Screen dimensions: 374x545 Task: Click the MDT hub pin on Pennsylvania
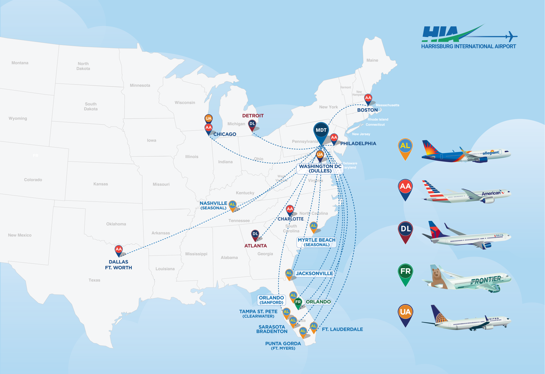(x=321, y=131)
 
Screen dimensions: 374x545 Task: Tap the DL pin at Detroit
(x=252, y=124)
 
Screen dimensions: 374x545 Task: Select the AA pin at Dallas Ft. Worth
(x=118, y=250)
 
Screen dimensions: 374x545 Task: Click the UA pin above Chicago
(x=208, y=118)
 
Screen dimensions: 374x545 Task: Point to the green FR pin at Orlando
(x=298, y=302)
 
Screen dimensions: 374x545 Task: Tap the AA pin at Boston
(x=368, y=98)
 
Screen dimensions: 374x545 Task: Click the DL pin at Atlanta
(x=255, y=234)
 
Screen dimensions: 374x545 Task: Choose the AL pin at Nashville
(x=232, y=205)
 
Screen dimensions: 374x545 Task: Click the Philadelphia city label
(x=358, y=143)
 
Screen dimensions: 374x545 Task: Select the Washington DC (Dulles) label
(x=320, y=168)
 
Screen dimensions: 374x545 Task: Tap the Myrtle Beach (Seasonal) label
(x=317, y=242)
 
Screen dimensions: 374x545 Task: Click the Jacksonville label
(x=314, y=273)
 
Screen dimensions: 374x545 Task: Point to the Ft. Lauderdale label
(x=342, y=329)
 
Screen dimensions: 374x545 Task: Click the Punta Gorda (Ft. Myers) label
(x=283, y=346)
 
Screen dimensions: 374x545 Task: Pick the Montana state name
(x=20, y=63)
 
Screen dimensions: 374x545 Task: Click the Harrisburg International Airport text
(x=468, y=47)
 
